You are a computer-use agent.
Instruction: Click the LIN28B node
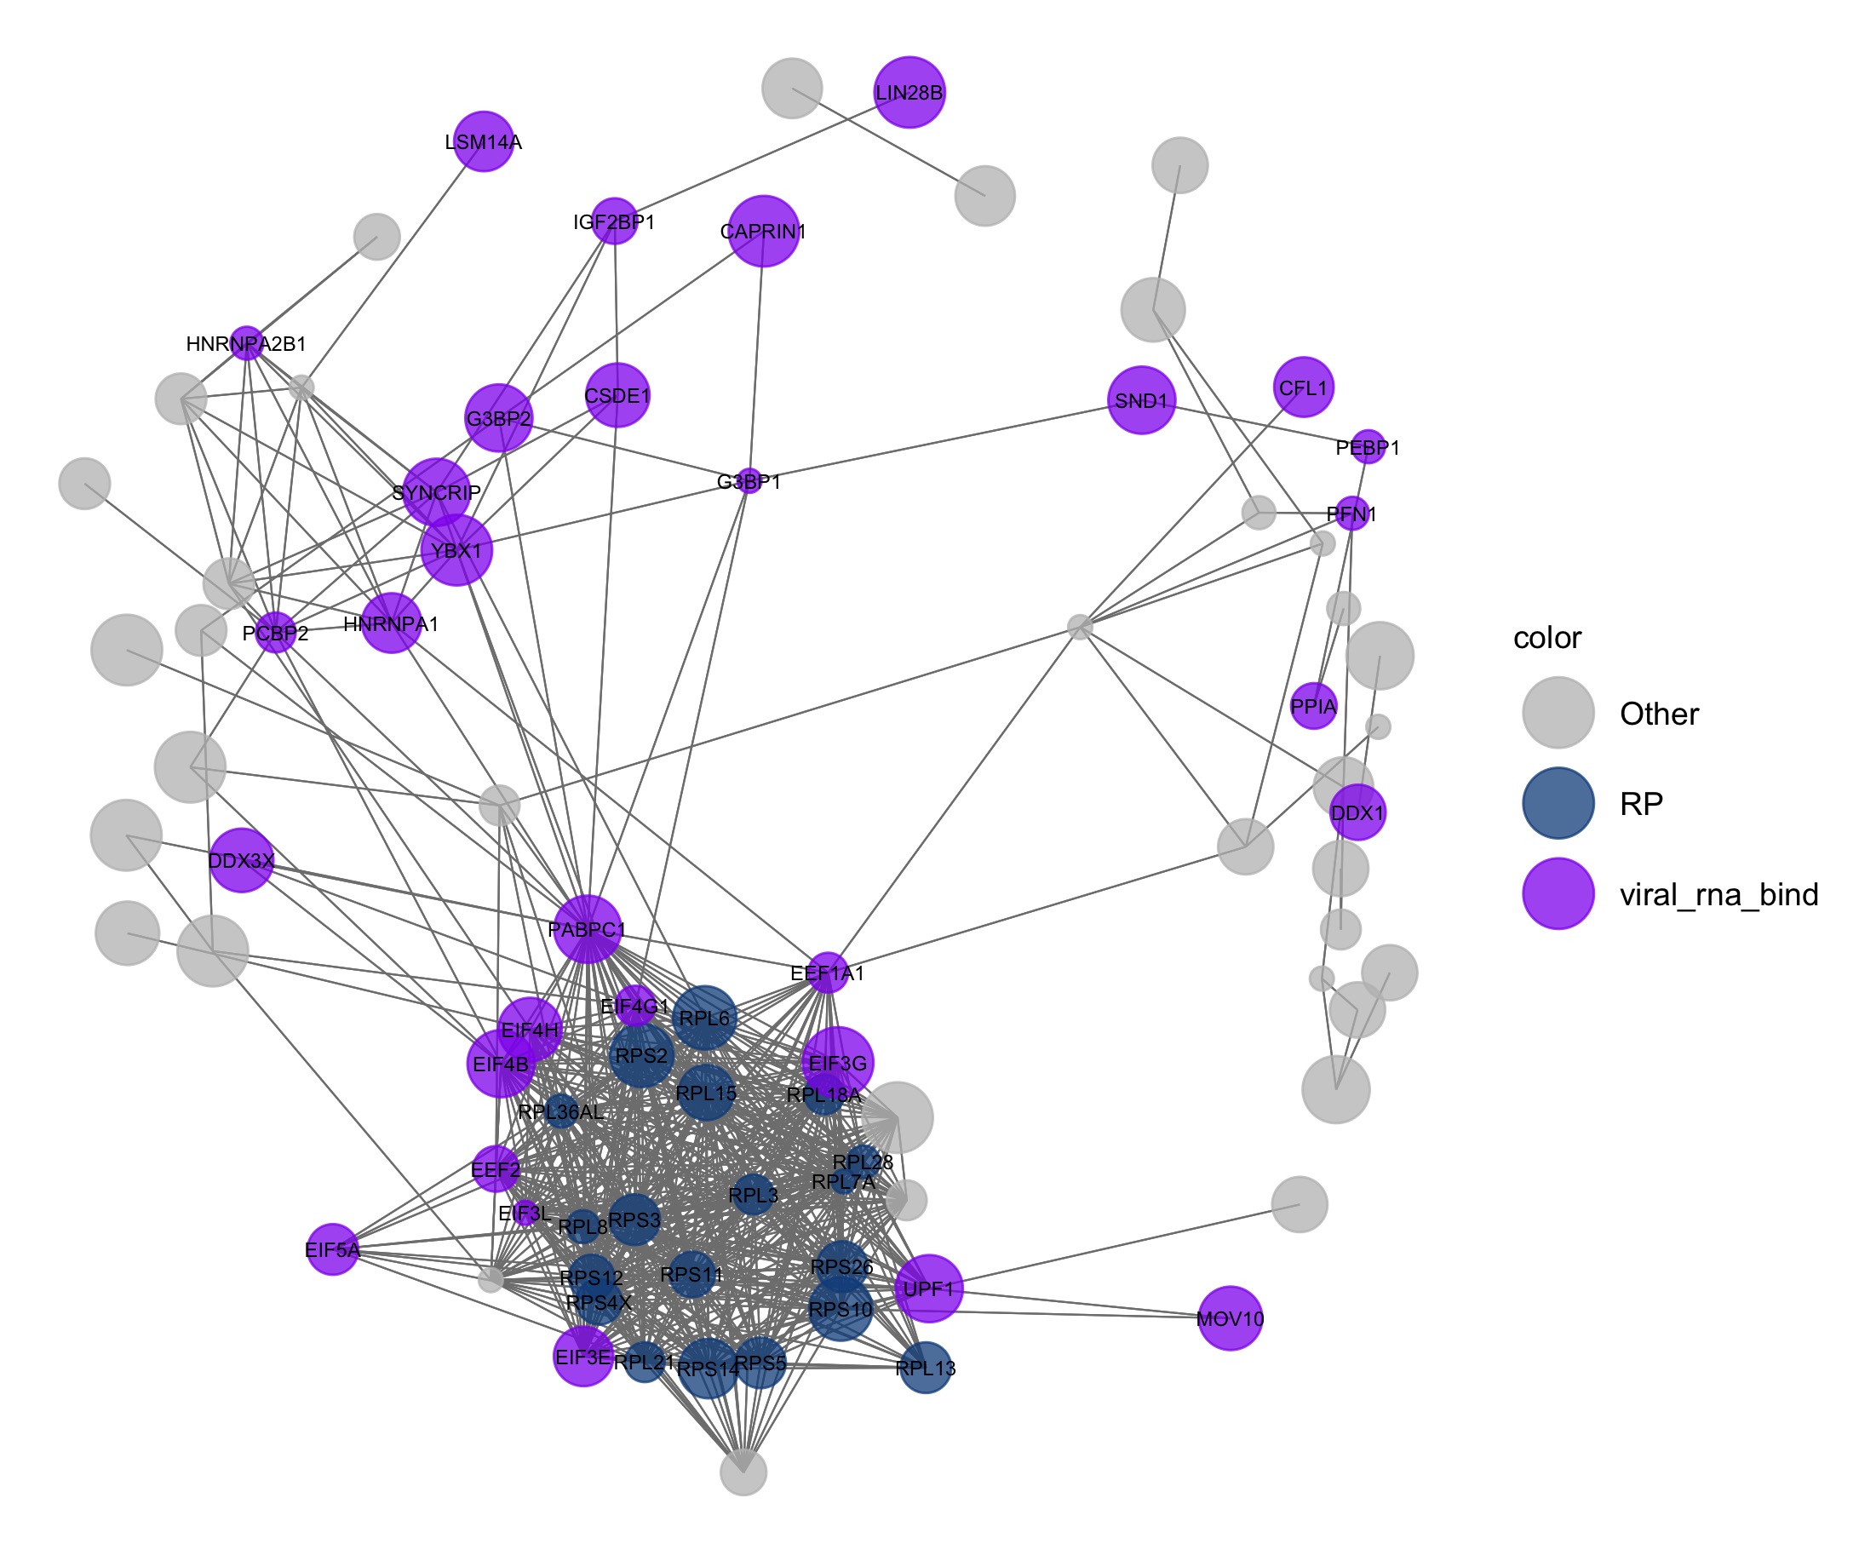909,93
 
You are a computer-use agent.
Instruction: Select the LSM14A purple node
484,141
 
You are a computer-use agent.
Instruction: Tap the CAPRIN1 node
763,231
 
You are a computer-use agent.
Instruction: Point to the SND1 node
1141,400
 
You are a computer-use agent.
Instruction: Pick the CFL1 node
1303,387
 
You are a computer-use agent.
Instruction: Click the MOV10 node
1230,1318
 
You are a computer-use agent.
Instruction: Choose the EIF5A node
332,1249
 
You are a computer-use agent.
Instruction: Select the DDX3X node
241,860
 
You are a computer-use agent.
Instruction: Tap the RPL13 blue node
925,1368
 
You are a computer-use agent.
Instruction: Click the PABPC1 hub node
587,929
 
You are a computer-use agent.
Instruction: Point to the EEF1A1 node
827,973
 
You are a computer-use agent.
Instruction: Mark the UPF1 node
928,1288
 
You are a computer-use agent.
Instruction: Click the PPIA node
1313,706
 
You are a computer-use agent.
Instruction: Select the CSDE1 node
617,395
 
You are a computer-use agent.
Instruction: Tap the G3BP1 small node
749,481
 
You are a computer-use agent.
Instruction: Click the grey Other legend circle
1558,714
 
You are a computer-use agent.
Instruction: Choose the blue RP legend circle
1558,803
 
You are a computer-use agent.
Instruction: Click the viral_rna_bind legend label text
1718,895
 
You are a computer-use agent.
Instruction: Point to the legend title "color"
1546,638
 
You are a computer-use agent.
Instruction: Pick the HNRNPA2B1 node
247,343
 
